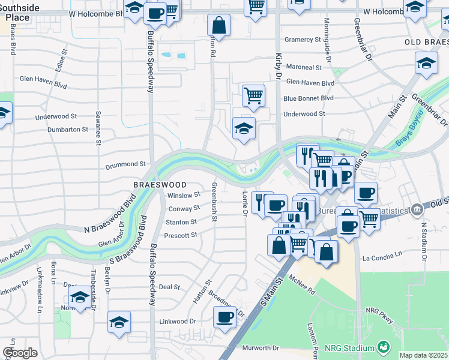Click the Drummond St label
(x=126, y=164)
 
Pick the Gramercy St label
(x=303, y=40)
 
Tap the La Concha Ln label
(x=382, y=257)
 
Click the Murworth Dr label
(x=261, y=348)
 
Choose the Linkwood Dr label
(x=178, y=322)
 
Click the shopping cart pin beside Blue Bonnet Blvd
(x=254, y=95)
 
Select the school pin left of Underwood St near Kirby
(x=244, y=128)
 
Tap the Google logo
(x=20, y=353)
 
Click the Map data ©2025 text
(x=423, y=355)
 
